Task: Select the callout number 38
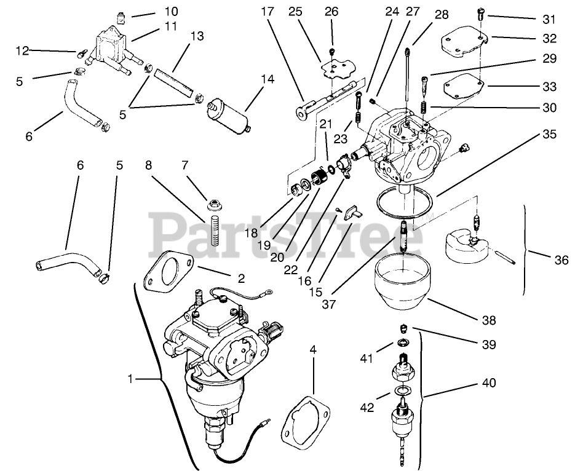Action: (x=488, y=320)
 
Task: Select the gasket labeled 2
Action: (x=169, y=271)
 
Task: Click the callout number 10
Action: (x=154, y=11)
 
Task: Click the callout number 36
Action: (x=560, y=260)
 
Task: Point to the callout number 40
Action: (x=488, y=384)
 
